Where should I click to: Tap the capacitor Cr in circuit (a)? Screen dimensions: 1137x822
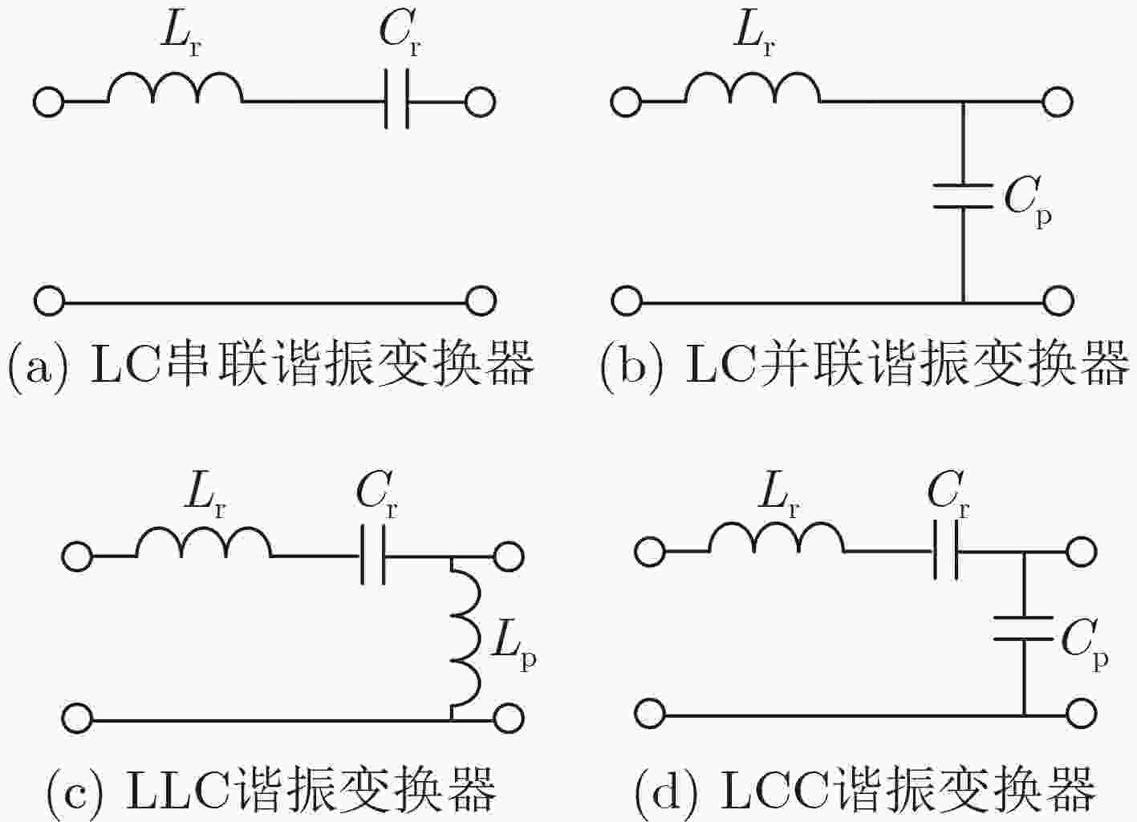[x=396, y=99]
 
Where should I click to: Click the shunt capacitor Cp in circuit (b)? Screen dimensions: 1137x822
[x=963, y=196]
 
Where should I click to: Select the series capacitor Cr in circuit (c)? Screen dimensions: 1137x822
[x=373, y=555]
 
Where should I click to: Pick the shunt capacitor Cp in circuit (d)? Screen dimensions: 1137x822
[x=1023, y=628]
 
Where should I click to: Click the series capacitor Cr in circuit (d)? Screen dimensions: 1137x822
[x=946, y=550]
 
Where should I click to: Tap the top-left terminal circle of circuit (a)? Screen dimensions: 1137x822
[x=49, y=102]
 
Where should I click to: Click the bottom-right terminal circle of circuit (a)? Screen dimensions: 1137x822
[x=481, y=302]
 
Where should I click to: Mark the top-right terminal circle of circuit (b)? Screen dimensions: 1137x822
[x=1058, y=102]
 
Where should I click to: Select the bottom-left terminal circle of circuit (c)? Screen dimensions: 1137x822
[x=77, y=719]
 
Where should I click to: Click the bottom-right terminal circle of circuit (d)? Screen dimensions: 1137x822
[x=1082, y=714]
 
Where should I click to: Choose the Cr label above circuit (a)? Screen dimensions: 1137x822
[x=400, y=34]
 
